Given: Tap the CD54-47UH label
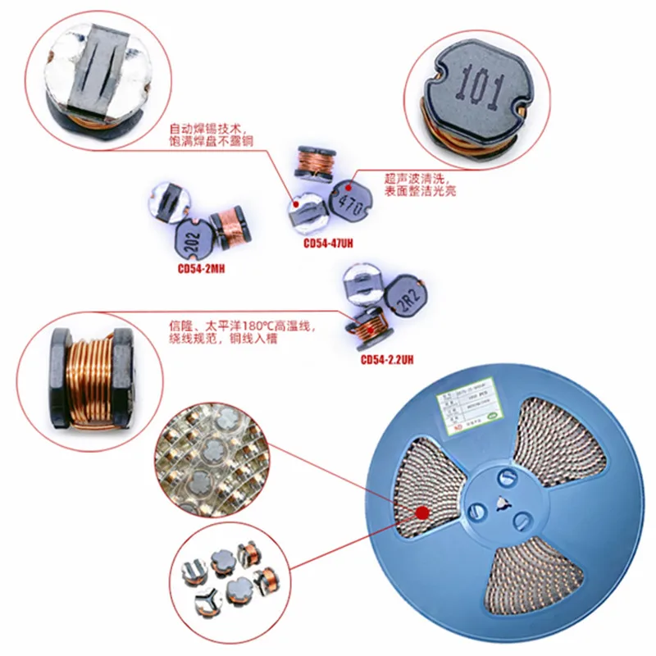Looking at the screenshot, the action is coord(328,244).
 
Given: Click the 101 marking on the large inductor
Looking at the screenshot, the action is coord(479,88).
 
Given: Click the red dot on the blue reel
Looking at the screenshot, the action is coord(422,513).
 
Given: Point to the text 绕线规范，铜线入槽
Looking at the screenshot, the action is coord(216,339).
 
